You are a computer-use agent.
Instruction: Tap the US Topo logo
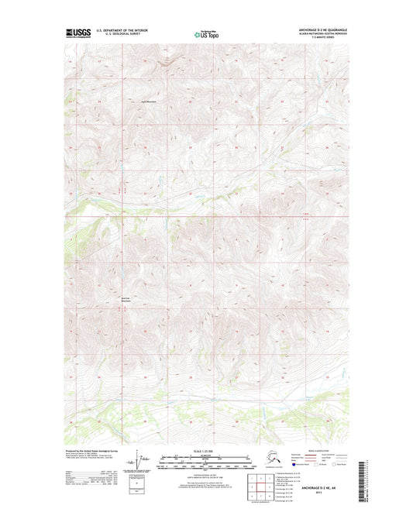coord(205,35)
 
